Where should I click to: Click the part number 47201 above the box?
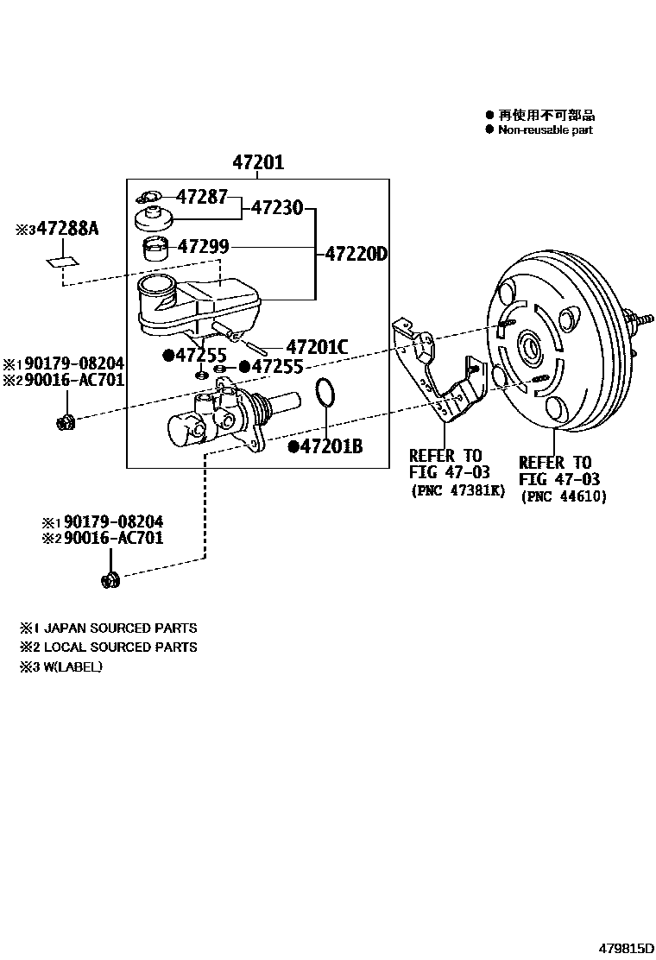(257, 162)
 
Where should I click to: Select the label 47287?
(203, 197)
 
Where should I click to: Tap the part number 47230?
(277, 208)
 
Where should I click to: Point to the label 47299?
(203, 247)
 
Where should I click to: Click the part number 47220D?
(356, 255)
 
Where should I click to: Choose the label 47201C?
(316, 347)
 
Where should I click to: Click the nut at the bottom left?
(110, 579)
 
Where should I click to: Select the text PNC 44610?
(564, 496)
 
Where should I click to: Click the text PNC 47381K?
(457, 490)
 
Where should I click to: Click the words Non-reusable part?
(545, 130)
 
